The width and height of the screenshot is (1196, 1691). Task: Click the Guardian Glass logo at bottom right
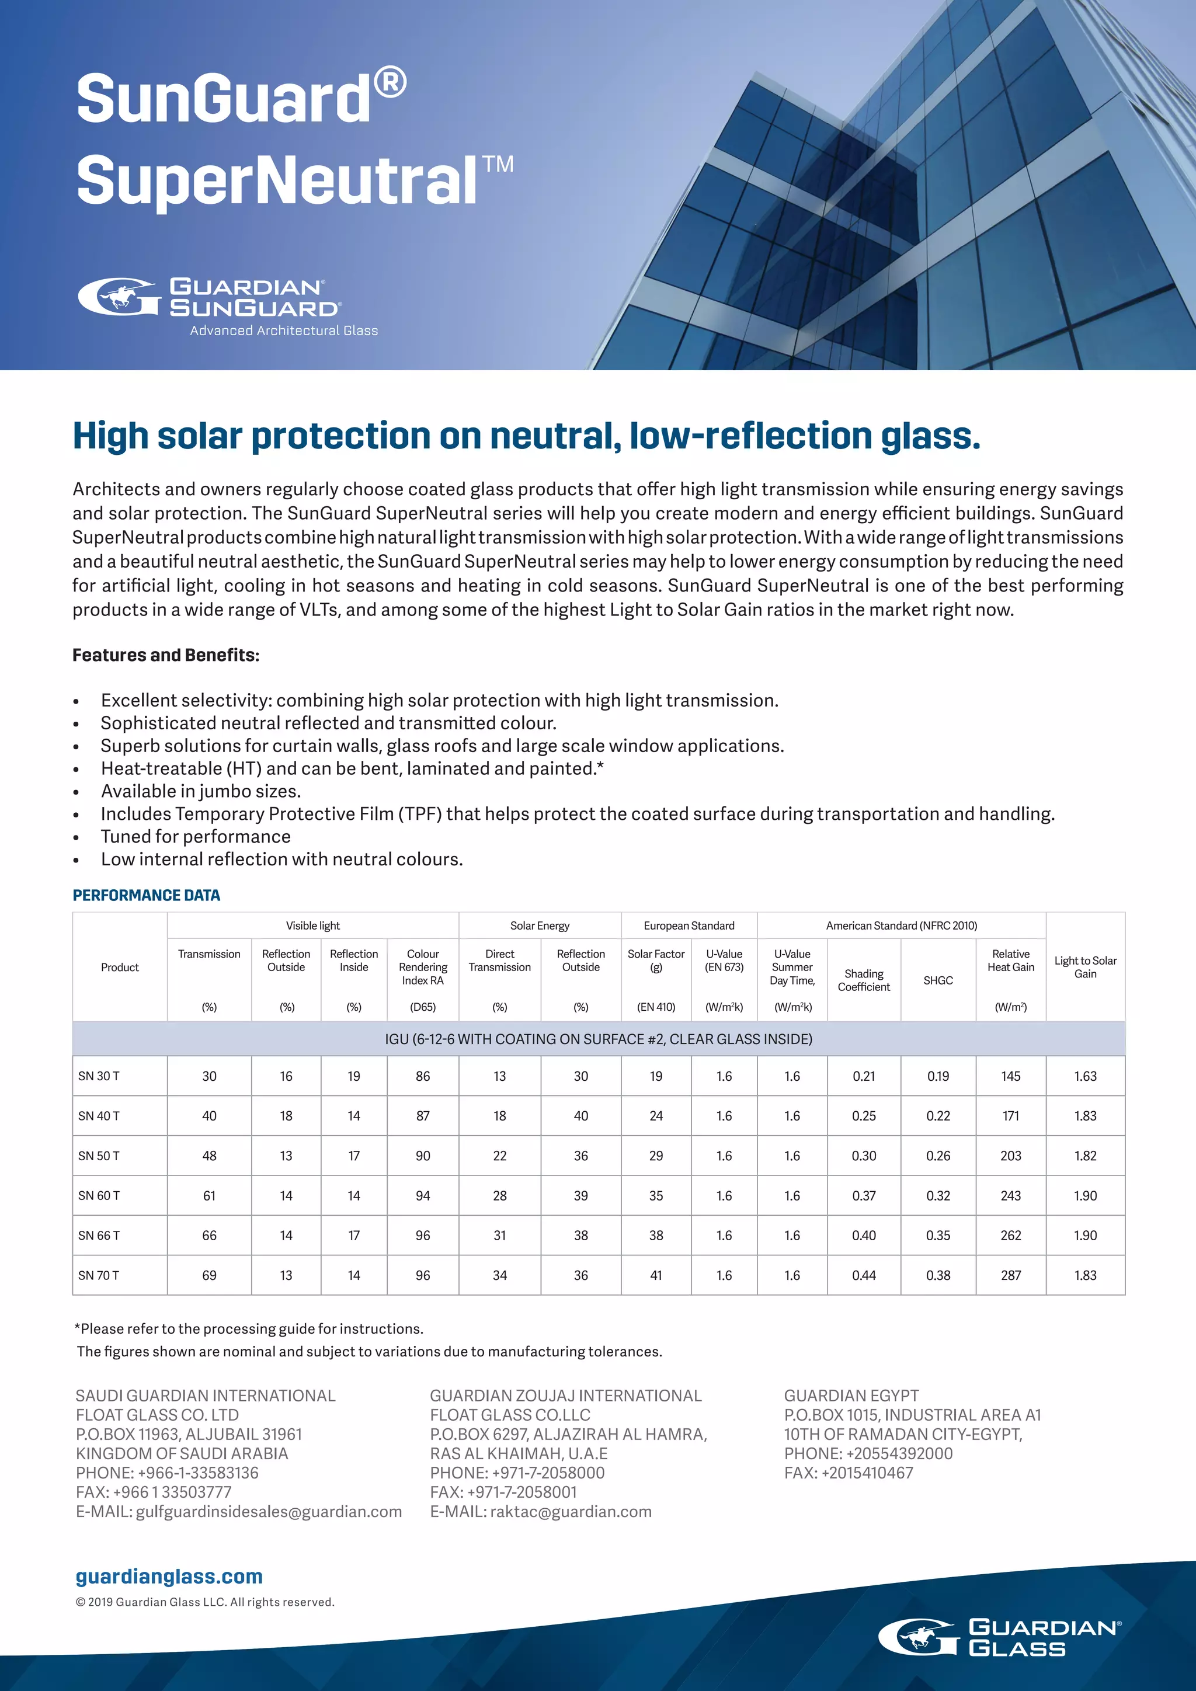pos(999,1637)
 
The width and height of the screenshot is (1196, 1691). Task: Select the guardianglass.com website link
pos(169,1576)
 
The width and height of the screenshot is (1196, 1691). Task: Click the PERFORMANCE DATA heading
pos(146,895)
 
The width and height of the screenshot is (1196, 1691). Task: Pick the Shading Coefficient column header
pos(863,980)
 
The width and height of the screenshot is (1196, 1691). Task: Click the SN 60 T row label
pos(99,1195)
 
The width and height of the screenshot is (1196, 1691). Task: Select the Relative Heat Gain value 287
pos(1010,1275)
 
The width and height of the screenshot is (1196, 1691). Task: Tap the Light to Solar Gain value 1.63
pos(1085,1076)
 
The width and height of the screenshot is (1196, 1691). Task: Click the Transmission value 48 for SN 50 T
pos(209,1156)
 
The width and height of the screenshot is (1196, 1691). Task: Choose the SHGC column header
pos(937,980)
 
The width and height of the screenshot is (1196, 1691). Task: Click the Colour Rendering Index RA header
pos(423,966)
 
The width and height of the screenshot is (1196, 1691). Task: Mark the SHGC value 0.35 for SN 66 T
pos(937,1235)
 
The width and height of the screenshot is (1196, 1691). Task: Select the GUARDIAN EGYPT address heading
pos(851,1396)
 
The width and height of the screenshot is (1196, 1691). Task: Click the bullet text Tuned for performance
pos(195,836)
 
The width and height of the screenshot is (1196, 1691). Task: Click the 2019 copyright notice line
pos(205,1602)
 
